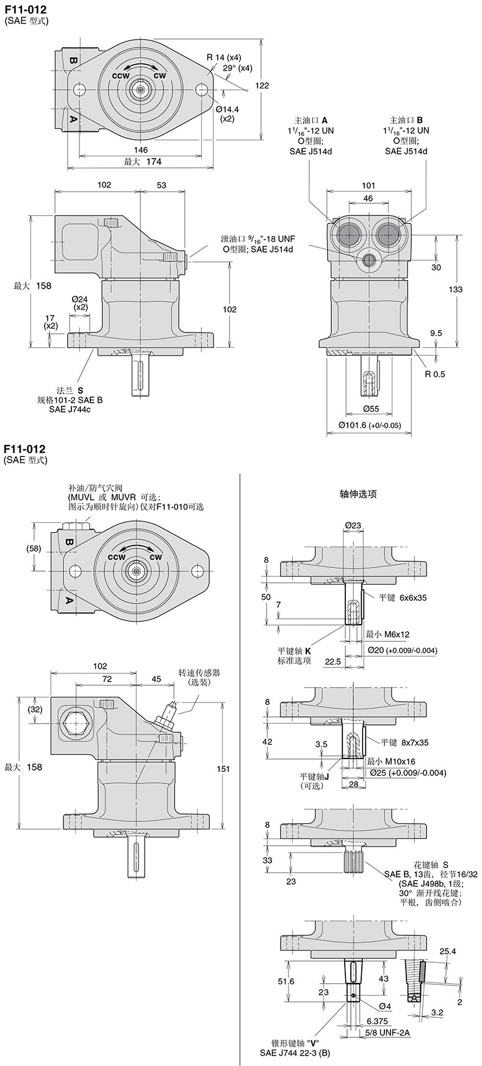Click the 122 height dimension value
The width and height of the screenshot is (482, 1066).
[x=262, y=86]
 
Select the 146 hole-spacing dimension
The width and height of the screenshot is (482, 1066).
[x=140, y=150]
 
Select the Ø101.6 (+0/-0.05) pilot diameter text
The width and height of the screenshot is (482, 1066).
[x=370, y=425]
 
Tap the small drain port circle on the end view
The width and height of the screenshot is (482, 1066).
[x=369, y=261]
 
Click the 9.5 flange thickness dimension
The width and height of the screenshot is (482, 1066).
[x=436, y=333]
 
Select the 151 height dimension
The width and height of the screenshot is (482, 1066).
[x=223, y=768]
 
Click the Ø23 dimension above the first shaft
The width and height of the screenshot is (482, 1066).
[x=353, y=524]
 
